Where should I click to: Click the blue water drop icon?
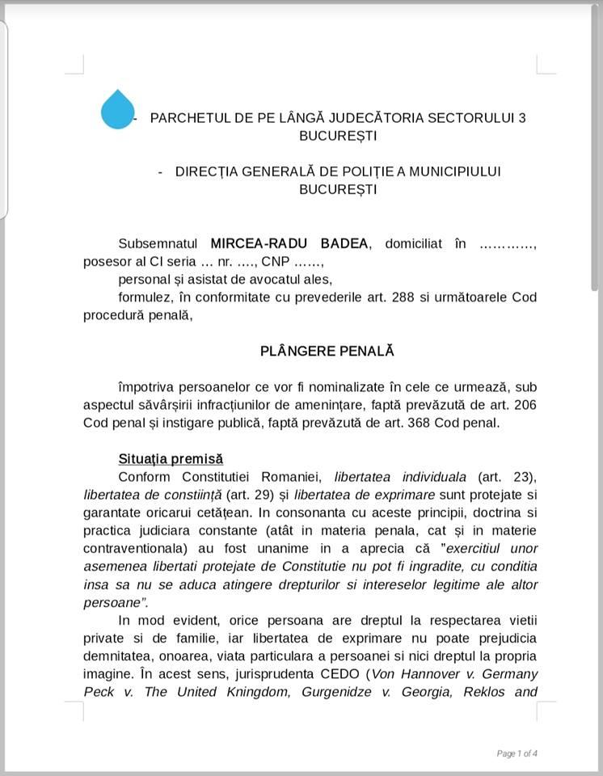(118, 110)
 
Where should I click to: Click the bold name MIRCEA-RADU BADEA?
(289, 244)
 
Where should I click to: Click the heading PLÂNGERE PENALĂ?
(327, 352)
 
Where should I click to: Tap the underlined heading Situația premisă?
(171, 459)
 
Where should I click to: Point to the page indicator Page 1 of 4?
(517, 753)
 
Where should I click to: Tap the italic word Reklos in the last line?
(478, 692)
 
